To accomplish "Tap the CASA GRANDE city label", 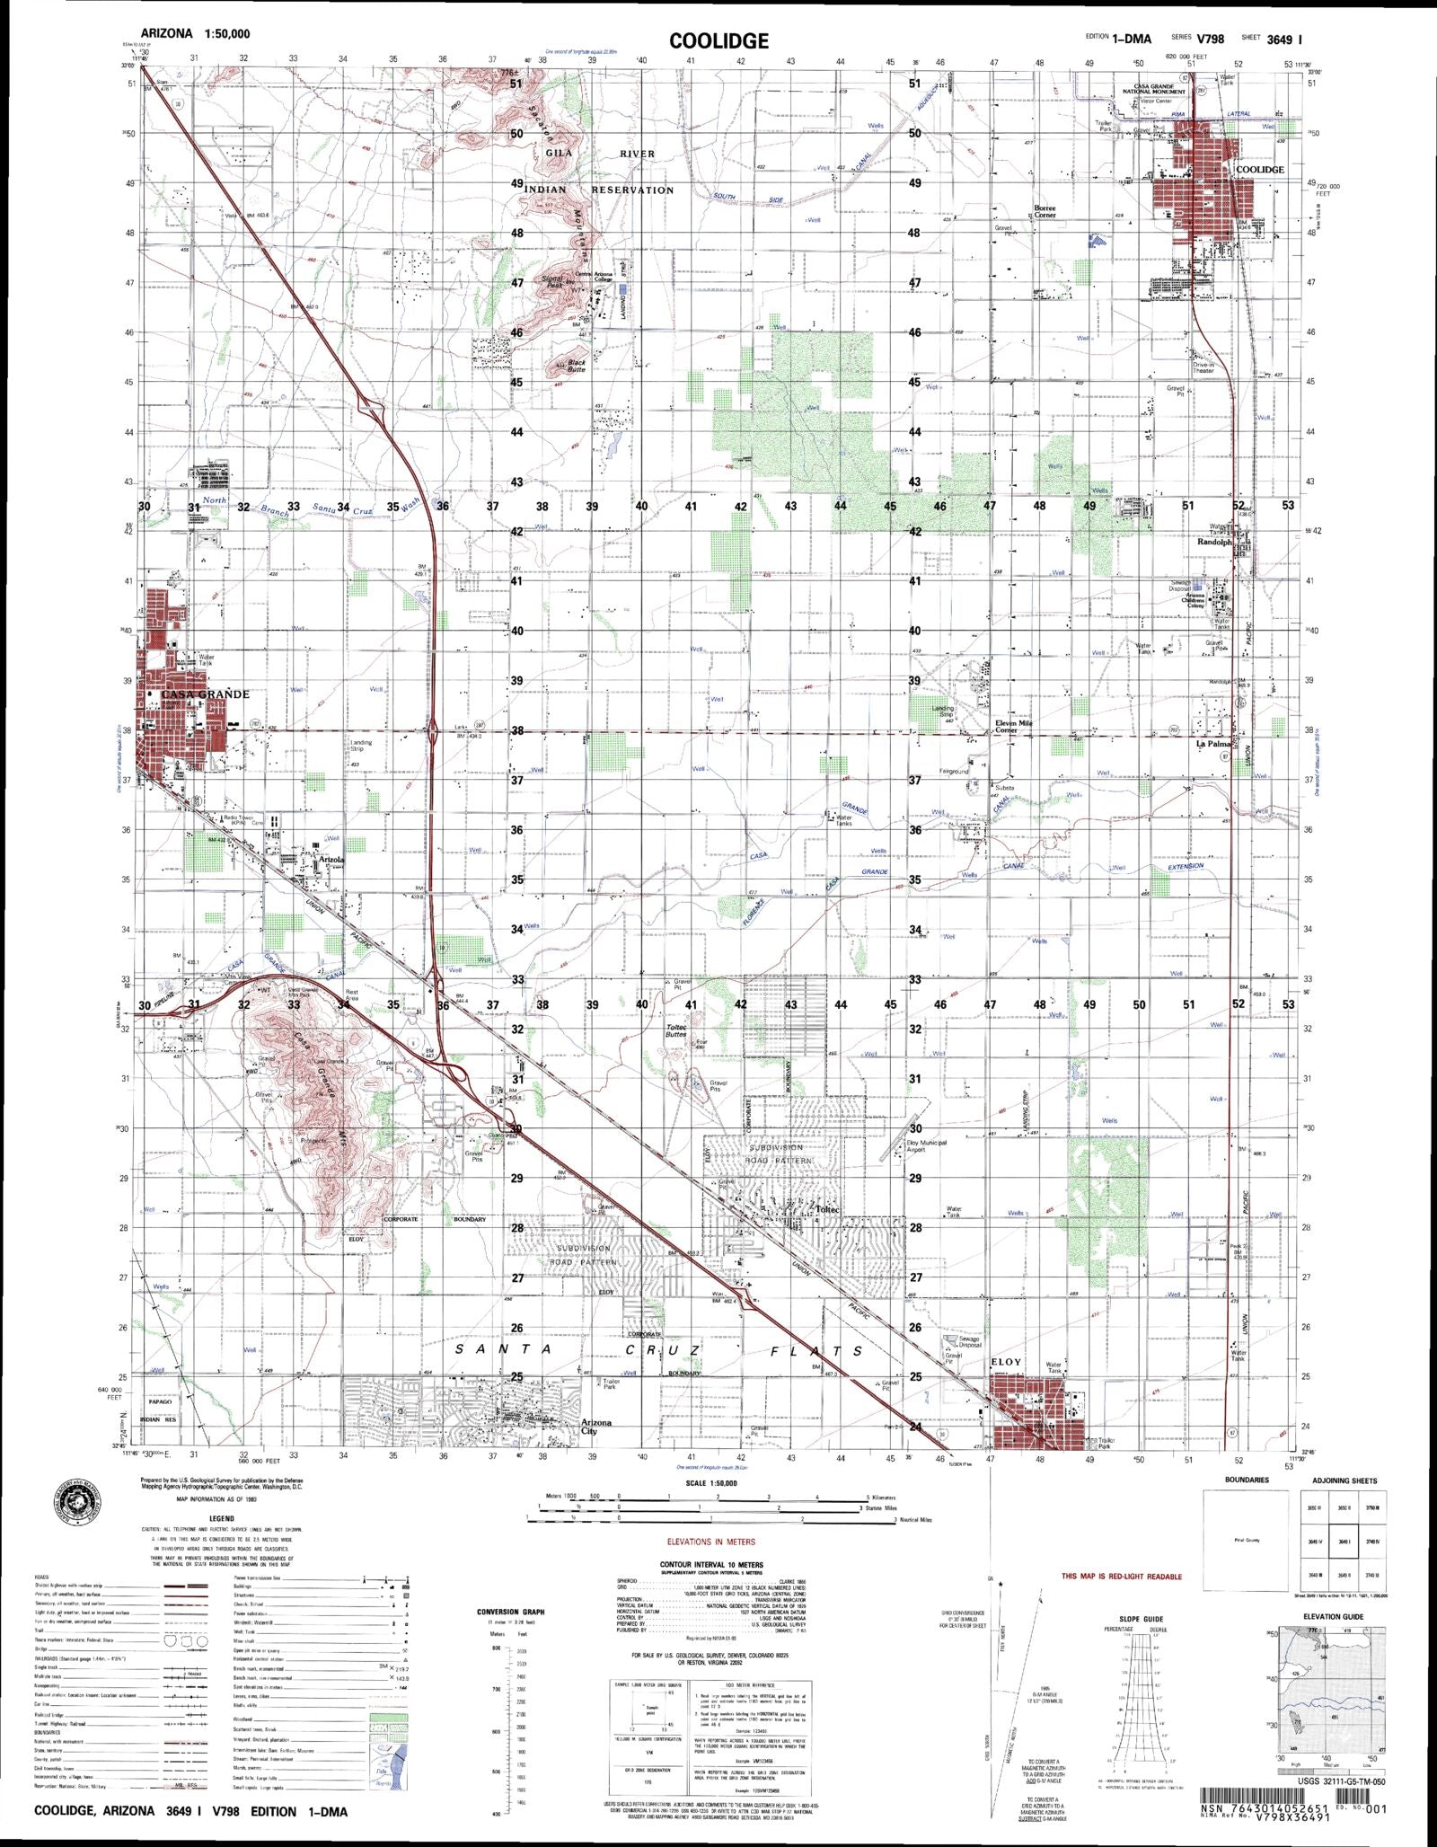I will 205,694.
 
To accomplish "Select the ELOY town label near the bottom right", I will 1006,1362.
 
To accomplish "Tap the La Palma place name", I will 1212,744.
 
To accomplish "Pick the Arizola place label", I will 331,859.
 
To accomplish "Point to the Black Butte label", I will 577,366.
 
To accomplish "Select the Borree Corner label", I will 1045,211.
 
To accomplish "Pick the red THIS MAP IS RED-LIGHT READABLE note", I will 1121,1577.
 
